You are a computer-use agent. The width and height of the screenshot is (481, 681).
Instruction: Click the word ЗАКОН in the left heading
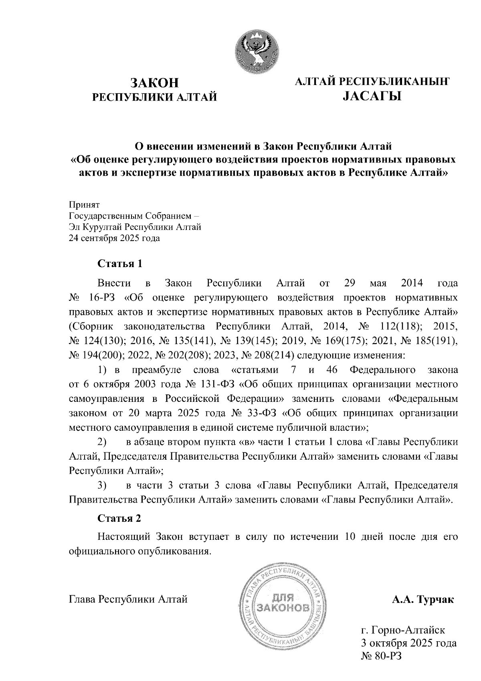coord(155,83)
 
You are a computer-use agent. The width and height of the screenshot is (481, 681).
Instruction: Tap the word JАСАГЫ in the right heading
coord(372,96)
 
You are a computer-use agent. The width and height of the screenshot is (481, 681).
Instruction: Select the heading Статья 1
coord(120,264)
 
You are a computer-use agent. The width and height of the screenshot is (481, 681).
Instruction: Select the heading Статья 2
coord(119,518)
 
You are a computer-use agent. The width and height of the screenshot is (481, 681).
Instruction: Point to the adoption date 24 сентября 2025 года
coord(115,238)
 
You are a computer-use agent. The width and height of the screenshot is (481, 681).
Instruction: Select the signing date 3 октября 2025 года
coord(409,643)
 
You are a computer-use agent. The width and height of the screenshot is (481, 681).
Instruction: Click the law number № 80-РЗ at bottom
coord(381,657)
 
